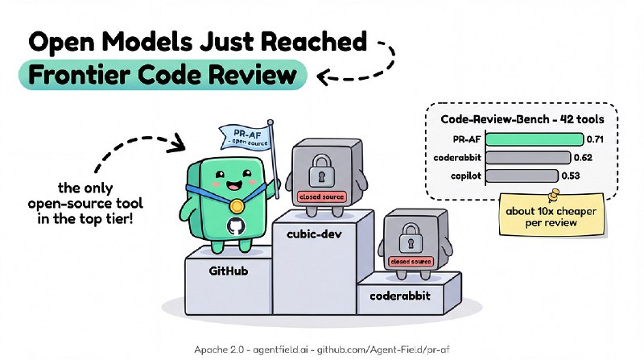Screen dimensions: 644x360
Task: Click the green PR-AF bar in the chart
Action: click(535, 139)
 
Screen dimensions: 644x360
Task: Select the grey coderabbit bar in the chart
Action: click(528, 157)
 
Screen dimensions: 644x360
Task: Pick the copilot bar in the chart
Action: click(522, 176)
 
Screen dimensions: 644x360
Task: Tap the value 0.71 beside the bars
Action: click(595, 139)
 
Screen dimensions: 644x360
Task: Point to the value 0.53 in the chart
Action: click(571, 176)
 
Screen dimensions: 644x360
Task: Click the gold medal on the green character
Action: click(236, 205)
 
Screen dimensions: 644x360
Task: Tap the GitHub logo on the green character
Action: click(236, 226)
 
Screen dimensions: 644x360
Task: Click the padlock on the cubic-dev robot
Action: click(321, 171)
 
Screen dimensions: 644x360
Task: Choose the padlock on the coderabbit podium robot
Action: click(411, 238)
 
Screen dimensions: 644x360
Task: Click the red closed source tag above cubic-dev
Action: click(321, 197)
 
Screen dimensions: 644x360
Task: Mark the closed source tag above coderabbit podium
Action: click(411, 262)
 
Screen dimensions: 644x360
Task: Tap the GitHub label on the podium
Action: click(229, 271)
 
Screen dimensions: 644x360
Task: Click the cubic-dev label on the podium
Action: click(314, 234)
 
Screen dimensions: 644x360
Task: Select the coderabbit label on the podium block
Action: click(400, 296)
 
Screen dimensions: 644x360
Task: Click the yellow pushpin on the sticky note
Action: click(553, 194)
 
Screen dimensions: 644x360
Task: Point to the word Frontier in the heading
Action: click(79, 75)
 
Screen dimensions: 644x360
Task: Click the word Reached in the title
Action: click(313, 41)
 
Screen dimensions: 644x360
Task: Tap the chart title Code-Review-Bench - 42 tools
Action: click(522, 119)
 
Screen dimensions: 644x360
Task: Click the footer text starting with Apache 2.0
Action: click(322, 350)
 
